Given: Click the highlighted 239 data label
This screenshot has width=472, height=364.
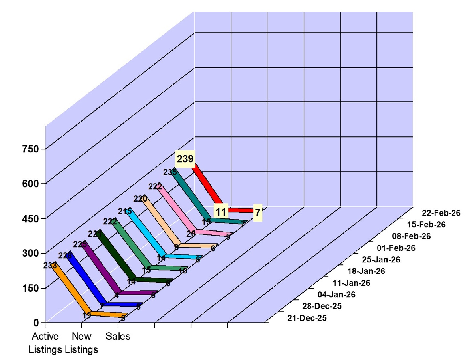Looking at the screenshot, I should (185, 159).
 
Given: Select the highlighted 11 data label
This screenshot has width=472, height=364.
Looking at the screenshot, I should (221, 212).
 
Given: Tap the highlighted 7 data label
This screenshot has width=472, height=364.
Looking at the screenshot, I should (258, 212).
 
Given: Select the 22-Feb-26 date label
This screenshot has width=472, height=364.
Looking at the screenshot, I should (441, 213).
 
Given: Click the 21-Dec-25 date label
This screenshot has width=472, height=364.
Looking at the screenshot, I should (307, 318).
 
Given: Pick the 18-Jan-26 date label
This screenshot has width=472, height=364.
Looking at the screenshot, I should (366, 271).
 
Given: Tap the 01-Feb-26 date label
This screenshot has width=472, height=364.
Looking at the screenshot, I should (396, 248).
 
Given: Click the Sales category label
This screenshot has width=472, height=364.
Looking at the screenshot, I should (118, 336).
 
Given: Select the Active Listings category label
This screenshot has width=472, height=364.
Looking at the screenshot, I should (45, 343).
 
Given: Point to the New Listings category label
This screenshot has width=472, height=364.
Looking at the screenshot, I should (82, 343).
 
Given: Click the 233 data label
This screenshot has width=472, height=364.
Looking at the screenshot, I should (50, 266).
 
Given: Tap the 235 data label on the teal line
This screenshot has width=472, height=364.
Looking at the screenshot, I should (170, 172).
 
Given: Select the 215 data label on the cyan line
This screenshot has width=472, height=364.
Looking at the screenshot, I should (125, 211).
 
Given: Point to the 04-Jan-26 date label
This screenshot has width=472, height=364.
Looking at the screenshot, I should (336, 295).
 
